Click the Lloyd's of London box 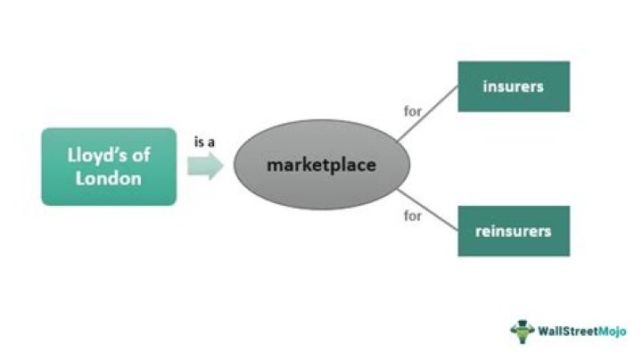(x=109, y=167)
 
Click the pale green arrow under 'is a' (x=204, y=166)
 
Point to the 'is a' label (x=204, y=142)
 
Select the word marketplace (x=321, y=166)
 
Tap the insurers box (x=513, y=86)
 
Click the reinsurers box (x=513, y=231)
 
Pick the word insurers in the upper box (x=513, y=86)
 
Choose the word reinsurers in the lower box (x=513, y=231)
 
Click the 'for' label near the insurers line (x=412, y=112)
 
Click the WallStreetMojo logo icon (x=522, y=331)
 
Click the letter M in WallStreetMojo (x=600, y=331)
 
